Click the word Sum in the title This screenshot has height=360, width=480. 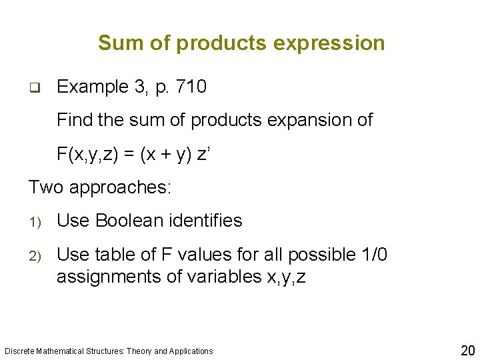[x=117, y=43]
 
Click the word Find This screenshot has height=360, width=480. [x=73, y=120]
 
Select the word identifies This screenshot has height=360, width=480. [x=209, y=221]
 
